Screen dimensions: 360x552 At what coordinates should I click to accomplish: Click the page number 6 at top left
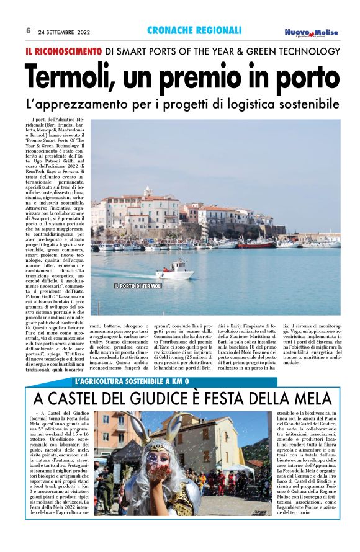(x=29, y=30)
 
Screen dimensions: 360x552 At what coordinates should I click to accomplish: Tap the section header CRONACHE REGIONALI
(x=194, y=30)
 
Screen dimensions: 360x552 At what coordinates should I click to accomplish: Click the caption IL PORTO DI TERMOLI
(x=138, y=286)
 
